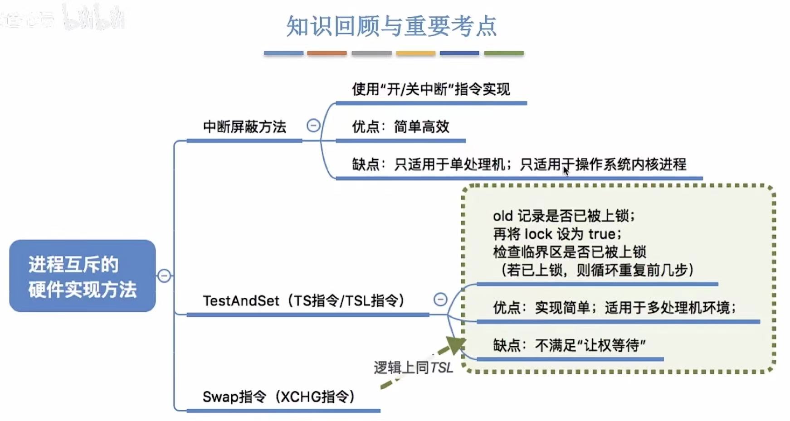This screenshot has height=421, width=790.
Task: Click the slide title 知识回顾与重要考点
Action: pyautogui.click(x=391, y=26)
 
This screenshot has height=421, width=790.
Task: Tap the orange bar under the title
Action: pyautogui.click(x=327, y=53)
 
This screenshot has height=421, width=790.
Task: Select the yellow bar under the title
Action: pyautogui.click(x=415, y=53)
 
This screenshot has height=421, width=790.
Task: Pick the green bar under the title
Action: pyautogui.click(x=503, y=53)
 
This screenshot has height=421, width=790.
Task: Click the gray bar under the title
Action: pyautogui.click(x=371, y=53)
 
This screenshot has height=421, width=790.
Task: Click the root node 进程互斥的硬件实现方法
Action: pyautogui.click(x=82, y=276)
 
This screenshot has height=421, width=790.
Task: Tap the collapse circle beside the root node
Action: pyautogui.click(x=164, y=276)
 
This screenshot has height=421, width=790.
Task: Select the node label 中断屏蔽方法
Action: pyautogui.click(x=244, y=127)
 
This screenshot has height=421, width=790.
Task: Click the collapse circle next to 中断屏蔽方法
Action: pyautogui.click(x=313, y=126)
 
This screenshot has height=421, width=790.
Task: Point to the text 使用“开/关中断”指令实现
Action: pyautogui.click(x=431, y=89)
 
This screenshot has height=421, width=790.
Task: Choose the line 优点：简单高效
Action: pyautogui.click(x=400, y=127)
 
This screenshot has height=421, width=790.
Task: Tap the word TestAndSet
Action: pyautogui.click(x=241, y=301)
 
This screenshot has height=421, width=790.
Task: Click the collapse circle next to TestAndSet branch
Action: pyautogui.click(x=440, y=299)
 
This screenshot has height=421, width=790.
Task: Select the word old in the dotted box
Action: pyautogui.click(x=502, y=216)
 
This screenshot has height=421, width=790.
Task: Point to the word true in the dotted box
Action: pyautogui.click(x=602, y=234)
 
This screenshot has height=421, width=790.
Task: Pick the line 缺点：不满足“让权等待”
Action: pyautogui.click(x=569, y=346)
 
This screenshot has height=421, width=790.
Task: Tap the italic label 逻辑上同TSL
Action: pyautogui.click(x=413, y=368)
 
